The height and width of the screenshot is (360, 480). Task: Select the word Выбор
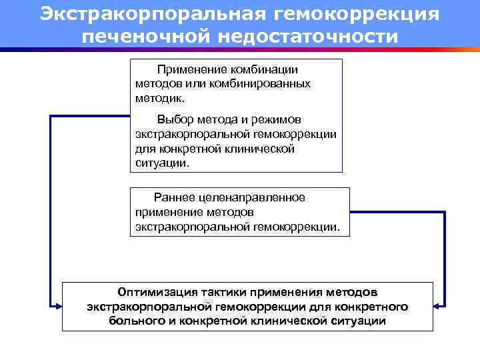point(174,120)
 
